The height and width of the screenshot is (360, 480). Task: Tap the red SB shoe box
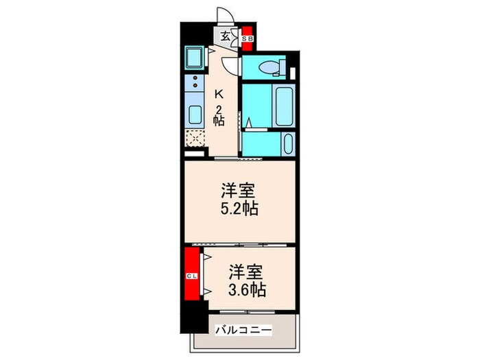tap(248, 39)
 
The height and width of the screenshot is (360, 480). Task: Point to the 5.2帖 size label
tap(239, 209)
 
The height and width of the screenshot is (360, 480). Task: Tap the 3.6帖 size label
tap(247, 289)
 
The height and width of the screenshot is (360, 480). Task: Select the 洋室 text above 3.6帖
tap(247, 271)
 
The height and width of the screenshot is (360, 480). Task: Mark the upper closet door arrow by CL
tap(206, 259)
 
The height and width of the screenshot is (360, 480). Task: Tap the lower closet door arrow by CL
tap(206, 293)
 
